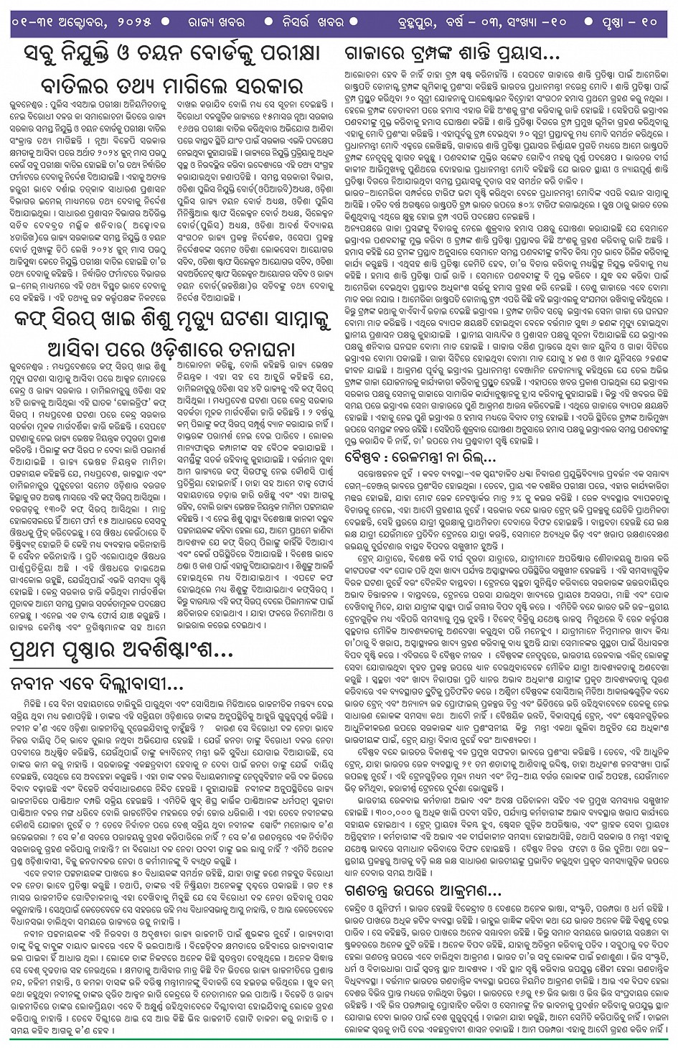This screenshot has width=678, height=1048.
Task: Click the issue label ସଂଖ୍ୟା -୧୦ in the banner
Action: (x=548, y=22)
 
